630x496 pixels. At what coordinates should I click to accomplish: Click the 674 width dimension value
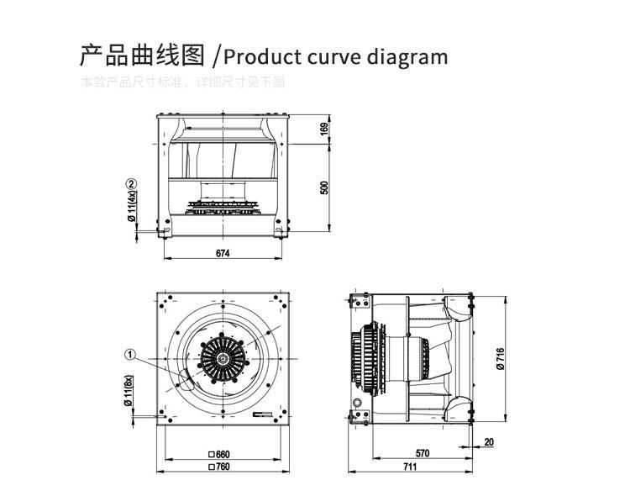[x=222, y=252]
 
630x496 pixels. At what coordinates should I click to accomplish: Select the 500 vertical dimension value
[x=324, y=187]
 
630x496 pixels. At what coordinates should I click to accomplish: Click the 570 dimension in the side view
[x=423, y=453]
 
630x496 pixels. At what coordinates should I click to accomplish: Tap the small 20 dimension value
[x=488, y=441]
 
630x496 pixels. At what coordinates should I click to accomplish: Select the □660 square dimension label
[x=219, y=454]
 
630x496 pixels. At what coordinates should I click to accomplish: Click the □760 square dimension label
[x=219, y=466]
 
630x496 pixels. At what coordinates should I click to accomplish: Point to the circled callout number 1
[x=130, y=355]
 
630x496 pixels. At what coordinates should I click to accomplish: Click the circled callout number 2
[x=131, y=184]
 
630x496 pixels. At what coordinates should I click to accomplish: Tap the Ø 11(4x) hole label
[x=131, y=206]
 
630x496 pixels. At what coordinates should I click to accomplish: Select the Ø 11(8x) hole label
[x=130, y=390]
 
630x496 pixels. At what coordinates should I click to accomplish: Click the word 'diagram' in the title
[x=407, y=57]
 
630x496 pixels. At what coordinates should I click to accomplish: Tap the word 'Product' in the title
[x=260, y=57]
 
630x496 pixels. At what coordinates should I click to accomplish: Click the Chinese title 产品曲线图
[x=142, y=56]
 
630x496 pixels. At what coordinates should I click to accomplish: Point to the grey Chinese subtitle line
[x=183, y=82]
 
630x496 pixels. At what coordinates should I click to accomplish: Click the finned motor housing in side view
[x=366, y=356]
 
